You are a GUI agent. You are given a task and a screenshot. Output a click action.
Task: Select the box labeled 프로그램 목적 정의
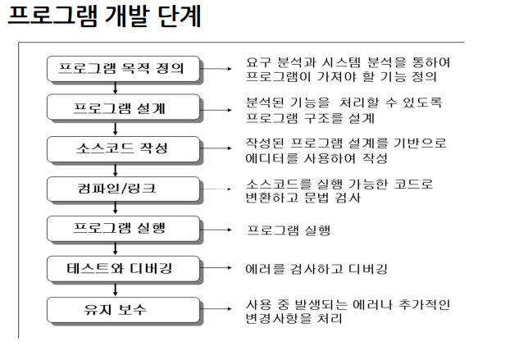point(123,70)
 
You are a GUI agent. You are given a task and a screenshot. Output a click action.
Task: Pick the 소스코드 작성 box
point(123,149)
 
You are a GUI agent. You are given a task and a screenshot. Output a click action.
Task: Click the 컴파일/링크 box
point(123,189)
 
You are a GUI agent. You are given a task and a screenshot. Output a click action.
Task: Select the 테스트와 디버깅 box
point(123,269)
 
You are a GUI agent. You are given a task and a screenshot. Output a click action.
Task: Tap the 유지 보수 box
point(123,310)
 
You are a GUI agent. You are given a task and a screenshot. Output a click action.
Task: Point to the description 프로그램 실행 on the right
point(289,230)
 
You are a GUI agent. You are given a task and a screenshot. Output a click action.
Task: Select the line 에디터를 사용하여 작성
point(316,157)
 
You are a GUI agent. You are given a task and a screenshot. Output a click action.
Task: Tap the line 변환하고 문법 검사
point(312,198)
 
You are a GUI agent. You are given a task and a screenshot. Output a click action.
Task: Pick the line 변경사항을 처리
point(299,318)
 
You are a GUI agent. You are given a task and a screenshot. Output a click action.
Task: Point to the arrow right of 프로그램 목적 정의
point(220,70)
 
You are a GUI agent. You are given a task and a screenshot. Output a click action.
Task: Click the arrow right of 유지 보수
point(220,310)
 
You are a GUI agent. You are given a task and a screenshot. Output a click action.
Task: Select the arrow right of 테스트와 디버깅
point(220,269)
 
